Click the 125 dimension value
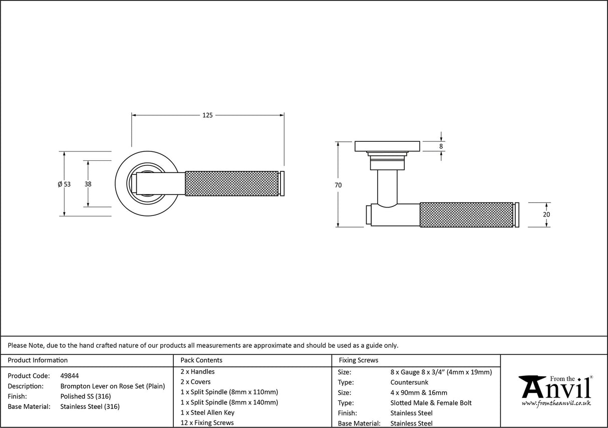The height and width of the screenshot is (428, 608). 207,115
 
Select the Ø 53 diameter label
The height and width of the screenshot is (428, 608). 64,184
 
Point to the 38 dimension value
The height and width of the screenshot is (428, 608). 88,184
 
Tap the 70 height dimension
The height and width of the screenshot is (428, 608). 338,185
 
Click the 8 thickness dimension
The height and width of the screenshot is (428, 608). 441,146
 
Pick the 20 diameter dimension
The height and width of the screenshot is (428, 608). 546,215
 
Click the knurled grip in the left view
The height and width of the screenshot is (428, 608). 231,184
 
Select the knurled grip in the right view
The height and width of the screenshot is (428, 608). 466,215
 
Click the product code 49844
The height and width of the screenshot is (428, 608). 70,375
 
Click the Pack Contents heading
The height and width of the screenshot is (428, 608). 201,360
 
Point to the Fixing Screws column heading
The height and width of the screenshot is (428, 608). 359,360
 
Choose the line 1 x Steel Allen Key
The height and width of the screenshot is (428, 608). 207,412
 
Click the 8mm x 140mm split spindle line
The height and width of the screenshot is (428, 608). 229,402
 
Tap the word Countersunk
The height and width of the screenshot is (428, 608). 409,382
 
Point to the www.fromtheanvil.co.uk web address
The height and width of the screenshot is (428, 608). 556,403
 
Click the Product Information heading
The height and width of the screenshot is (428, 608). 38,360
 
